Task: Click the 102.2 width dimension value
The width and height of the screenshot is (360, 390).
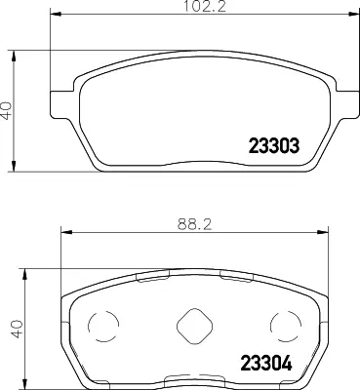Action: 205,6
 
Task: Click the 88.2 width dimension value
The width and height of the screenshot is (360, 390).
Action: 194,224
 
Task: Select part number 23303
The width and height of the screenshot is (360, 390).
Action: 273,146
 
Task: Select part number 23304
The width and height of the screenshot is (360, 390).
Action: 266,364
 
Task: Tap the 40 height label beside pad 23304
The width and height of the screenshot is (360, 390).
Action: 18,329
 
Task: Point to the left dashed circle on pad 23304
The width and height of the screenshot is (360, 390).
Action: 103,326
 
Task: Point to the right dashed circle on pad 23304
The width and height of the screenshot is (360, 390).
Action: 286,326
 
